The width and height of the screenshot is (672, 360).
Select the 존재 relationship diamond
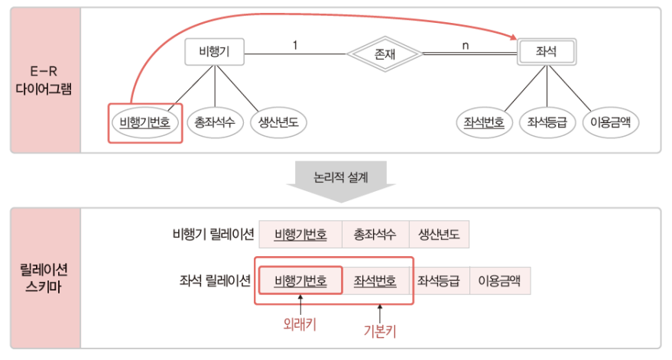coord(384,54)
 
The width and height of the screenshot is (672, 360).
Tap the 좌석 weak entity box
coord(546,52)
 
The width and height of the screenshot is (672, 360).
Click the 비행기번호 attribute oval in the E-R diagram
coord(145,122)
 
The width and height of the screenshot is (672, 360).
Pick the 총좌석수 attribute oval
coord(215,122)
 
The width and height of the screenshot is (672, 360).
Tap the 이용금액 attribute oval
coord(610,122)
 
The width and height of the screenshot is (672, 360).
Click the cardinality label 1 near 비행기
coord(295,45)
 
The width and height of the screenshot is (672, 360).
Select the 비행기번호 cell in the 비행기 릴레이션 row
coord(300,234)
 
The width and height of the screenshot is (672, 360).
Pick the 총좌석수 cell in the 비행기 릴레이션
coord(375,234)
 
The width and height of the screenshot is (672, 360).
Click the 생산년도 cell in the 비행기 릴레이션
coord(439,234)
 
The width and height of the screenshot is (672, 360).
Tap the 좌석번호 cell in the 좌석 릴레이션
coord(375,281)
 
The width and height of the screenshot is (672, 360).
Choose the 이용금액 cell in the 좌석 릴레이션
coord(499,281)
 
